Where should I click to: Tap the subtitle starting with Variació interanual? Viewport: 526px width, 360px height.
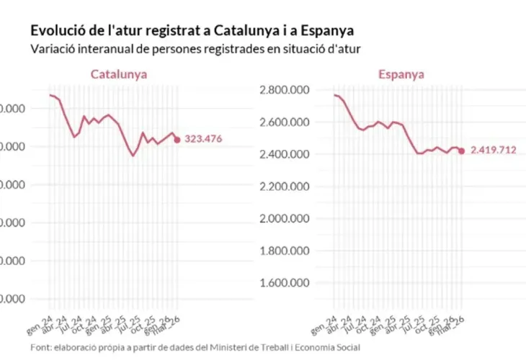(195, 50)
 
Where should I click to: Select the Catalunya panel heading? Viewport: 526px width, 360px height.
(119, 74)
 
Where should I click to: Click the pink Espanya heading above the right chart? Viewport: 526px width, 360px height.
(401, 74)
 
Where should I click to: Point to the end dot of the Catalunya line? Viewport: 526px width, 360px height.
(177, 140)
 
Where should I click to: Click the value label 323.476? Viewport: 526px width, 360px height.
(213, 140)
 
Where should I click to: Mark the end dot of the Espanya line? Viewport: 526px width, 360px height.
(461, 150)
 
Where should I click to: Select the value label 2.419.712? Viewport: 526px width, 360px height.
(494, 150)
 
